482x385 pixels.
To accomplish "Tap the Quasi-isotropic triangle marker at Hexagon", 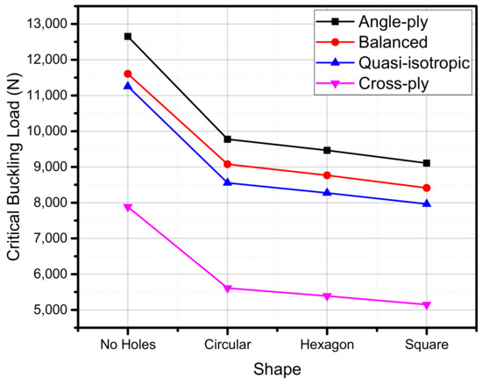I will click(327, 192).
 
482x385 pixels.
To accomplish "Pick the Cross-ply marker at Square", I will click(427, 305).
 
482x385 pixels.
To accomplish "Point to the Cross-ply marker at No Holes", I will click(128, 208).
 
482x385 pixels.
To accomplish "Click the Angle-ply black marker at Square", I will click(427, 163).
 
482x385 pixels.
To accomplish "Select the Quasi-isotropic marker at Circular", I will click(228, 182).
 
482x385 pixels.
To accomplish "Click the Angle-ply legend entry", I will click(383, 20).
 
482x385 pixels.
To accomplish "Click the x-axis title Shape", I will click(277, 369).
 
